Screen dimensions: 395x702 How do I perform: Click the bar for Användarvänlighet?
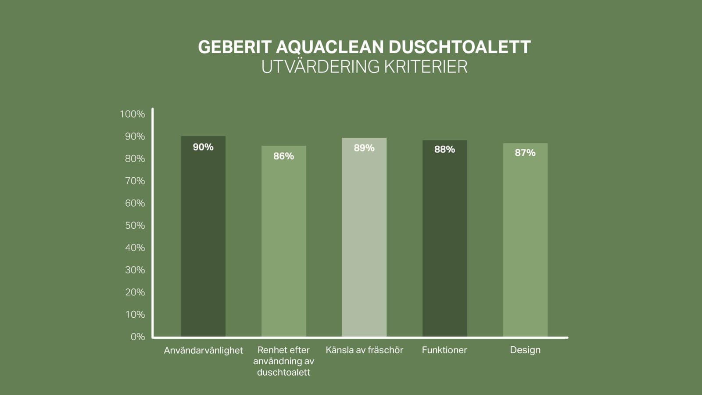point(203,241)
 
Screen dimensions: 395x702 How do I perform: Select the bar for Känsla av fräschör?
point(364,241)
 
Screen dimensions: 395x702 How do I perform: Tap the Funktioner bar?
point(444,241)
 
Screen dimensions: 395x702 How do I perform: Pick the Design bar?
point(525,241)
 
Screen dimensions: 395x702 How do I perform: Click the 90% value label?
point(203,147)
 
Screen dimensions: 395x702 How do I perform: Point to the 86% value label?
point(283,156)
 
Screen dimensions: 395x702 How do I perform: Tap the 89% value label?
point(364,148)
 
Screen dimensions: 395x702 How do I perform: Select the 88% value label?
point(444,150)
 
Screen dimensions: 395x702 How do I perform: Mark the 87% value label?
point(525,153)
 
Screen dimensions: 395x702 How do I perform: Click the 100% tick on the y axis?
point(132,114)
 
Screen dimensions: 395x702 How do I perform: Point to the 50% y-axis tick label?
point(135,226)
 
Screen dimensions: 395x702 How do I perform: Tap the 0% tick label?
point(137,337)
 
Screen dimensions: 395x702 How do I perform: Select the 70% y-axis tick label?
point(135,181)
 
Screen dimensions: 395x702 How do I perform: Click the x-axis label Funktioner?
point(444,350)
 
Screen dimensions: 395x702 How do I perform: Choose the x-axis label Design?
point(525,350)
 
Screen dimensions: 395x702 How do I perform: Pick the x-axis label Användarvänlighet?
point(203,351)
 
